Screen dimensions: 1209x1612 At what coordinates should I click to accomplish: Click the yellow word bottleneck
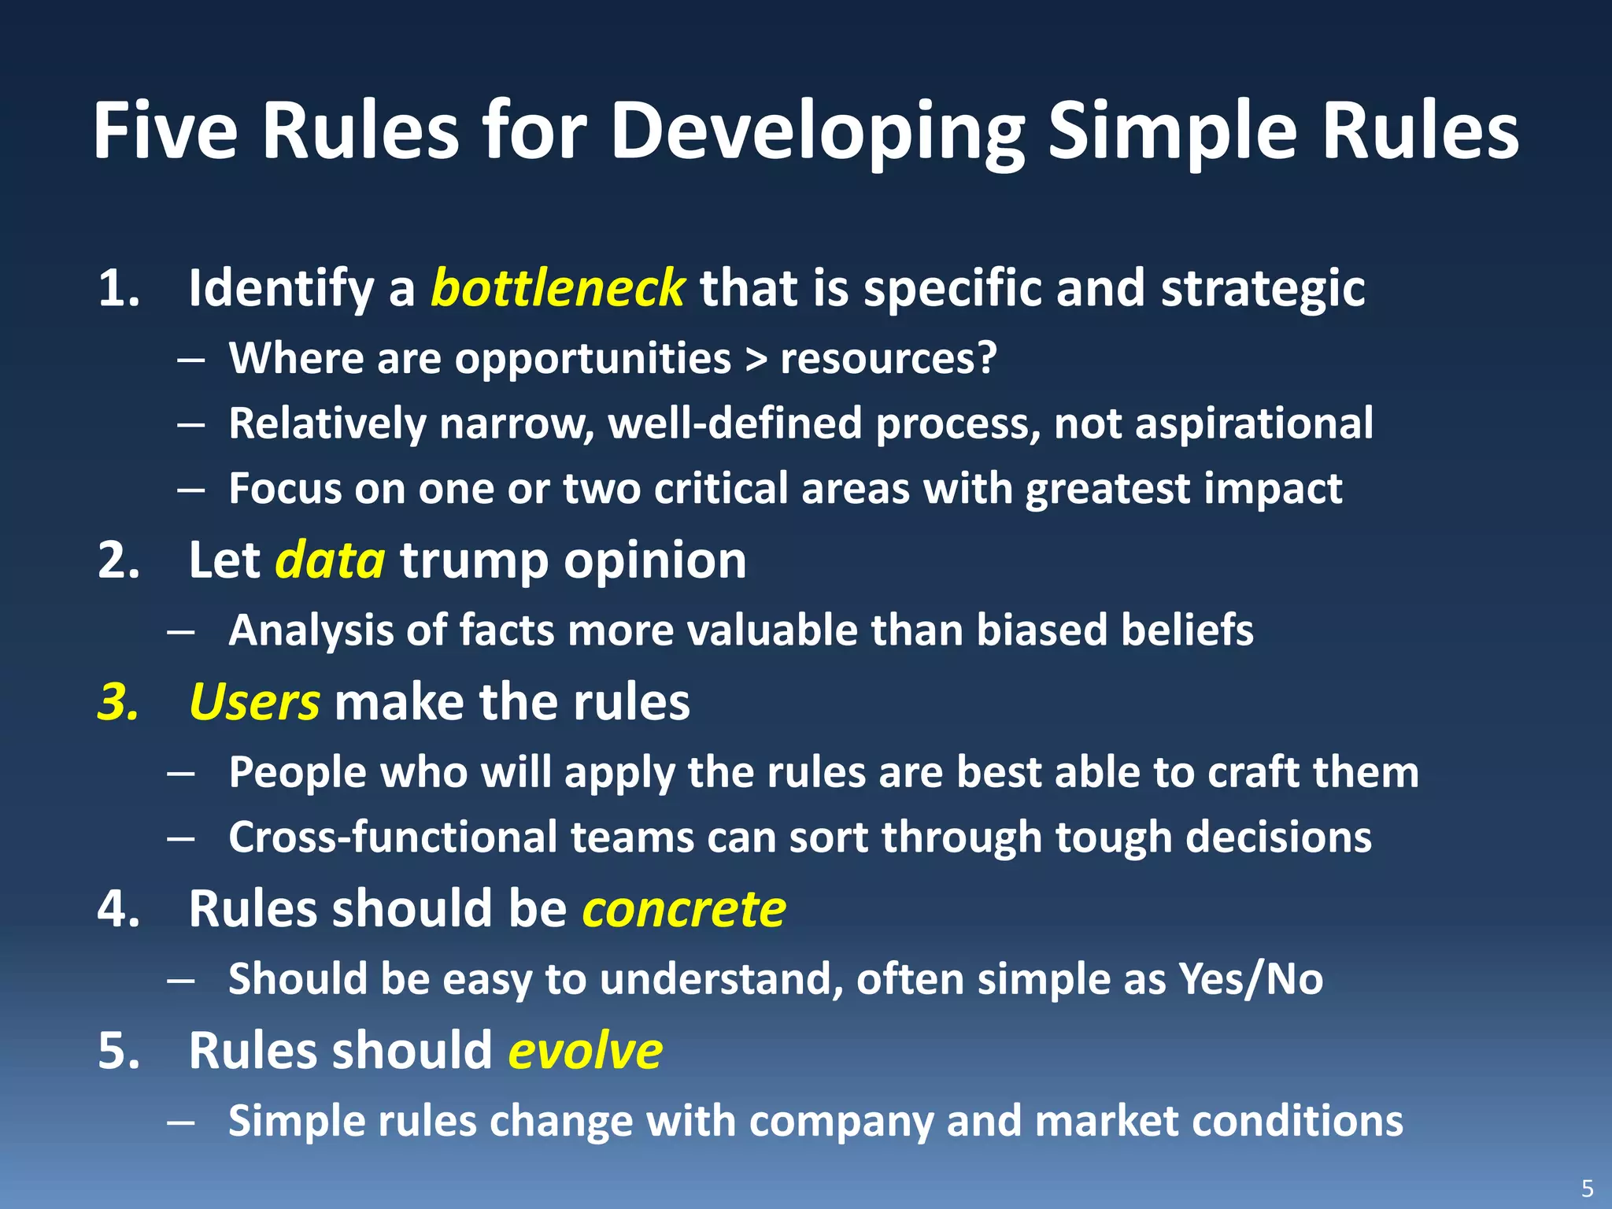(557, 288)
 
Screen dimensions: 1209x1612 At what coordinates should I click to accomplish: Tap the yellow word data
(330, 560)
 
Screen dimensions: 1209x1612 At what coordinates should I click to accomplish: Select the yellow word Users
(254, 702)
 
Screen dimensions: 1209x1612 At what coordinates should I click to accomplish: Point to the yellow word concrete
(683, 910)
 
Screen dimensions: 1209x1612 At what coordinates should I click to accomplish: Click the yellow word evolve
(585, 1052)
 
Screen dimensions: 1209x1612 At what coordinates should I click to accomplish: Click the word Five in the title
(165, 131)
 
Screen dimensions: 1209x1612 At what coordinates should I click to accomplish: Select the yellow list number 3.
(117, 702)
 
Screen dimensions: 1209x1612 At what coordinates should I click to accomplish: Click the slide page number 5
(1587, 1188)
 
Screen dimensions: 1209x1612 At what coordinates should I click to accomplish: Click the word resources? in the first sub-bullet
(888, 359)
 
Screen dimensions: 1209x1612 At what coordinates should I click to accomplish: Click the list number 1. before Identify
(119, 288)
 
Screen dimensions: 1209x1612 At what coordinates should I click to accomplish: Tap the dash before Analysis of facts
(181, 632)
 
